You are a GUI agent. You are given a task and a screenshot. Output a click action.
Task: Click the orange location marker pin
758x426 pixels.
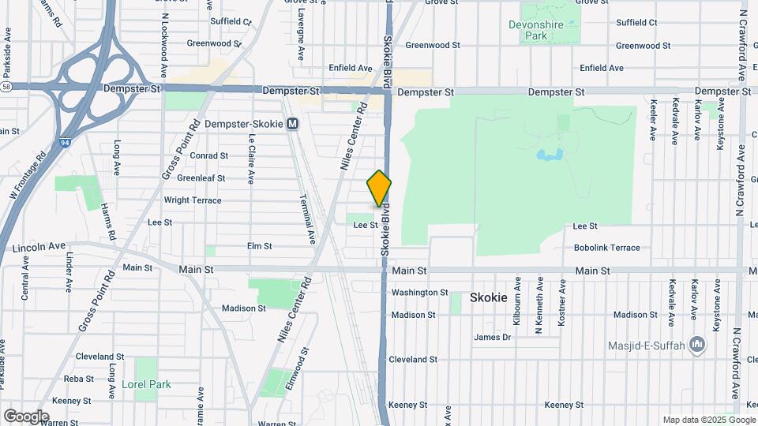pos(379,189)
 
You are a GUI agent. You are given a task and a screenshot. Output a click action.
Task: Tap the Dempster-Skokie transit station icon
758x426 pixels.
pos(293,124)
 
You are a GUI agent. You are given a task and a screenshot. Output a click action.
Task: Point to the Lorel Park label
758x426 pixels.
pos(146,385)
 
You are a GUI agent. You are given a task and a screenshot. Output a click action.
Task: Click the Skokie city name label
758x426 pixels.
pos(488,297)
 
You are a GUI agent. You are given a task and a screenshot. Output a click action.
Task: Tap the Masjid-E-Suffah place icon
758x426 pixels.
pos(696,345)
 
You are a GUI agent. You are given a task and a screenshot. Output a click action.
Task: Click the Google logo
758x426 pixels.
pos(26,416)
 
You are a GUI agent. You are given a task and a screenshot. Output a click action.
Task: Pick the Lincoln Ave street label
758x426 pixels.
pos(39,247)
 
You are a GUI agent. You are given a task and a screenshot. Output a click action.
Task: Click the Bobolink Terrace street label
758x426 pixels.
pos(606,248)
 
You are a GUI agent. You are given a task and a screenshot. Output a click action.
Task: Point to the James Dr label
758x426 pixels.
pos(493,338)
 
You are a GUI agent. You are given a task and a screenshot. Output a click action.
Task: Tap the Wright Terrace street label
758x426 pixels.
pos(193,200)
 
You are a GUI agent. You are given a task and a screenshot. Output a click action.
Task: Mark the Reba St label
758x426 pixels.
pos(79,379)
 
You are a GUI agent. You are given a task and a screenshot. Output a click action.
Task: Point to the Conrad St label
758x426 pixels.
pos(208,156)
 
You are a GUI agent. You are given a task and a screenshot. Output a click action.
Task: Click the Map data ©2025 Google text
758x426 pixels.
pos(707,420)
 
